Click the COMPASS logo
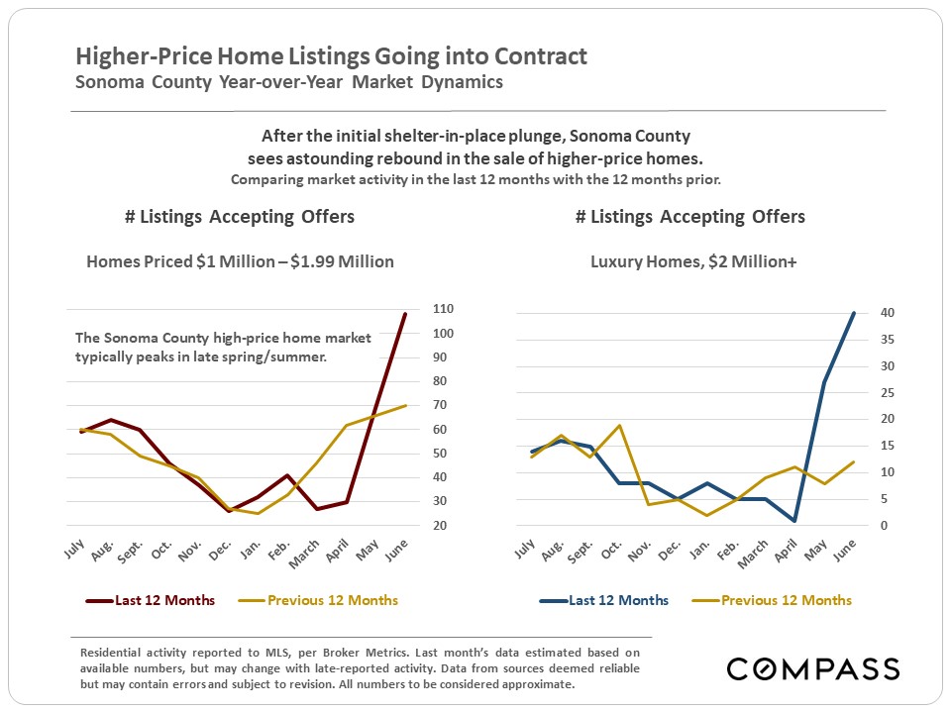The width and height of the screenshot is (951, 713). pos(812,668)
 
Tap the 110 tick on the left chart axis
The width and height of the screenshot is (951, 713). pos(444,309)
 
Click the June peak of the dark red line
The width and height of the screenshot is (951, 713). pos(405,314)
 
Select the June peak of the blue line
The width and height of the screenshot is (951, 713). pos(854,313)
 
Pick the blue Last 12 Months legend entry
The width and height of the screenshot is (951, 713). pos(604,600)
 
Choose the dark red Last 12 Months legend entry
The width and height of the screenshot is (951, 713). pos(151,600)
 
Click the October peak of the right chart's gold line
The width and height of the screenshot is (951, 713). pos(620,426)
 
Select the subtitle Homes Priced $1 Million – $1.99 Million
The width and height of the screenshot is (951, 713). pos(240,261)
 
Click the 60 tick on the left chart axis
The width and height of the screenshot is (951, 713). pos(444,429)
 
